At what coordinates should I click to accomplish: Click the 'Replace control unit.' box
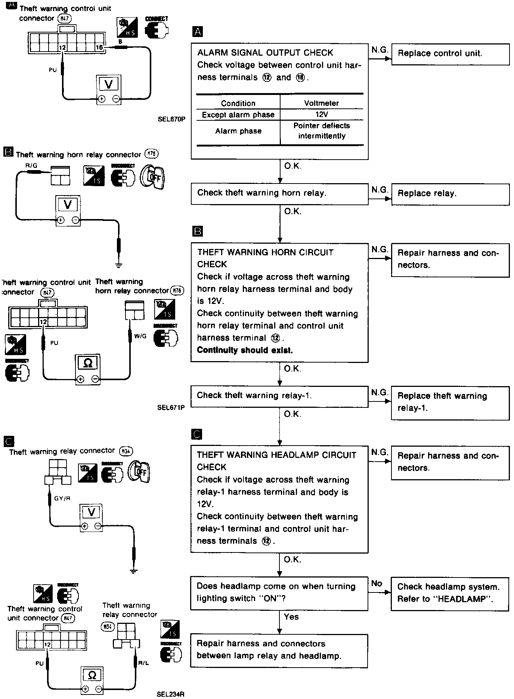click(x=450, y=54)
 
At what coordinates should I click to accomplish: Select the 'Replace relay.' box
click(x=450, y=194)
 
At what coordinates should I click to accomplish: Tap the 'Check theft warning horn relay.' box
click(x=279, y=193)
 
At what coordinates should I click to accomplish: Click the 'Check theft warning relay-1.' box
click(x=279, y=396)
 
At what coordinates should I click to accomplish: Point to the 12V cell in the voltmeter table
click(x=322, y=115)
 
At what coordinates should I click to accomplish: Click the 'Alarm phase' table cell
click(x=238, y=131)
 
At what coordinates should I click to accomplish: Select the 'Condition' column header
click(x=238, y=104)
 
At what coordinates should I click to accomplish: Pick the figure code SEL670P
click(x=171, y=120)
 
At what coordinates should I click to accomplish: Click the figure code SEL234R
click(x=171, y=695)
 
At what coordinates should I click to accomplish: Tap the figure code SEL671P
click(x=171, y=407)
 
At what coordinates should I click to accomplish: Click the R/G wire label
click(x=31, y=166)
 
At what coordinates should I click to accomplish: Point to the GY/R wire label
click(x=62, y=498)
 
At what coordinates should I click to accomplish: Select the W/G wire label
click(x=140, y=336)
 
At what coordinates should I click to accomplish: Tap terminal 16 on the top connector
click(x=99, y=47)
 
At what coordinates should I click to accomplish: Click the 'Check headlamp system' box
click(x=450, y=593)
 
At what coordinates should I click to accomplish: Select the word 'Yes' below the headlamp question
click(x=291, y=617)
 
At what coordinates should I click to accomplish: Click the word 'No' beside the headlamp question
click(x=377, y=583)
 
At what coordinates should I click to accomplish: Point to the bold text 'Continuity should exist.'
click(x=245, y=350)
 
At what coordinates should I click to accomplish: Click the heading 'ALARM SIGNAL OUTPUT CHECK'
click(x=265, y=53)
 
